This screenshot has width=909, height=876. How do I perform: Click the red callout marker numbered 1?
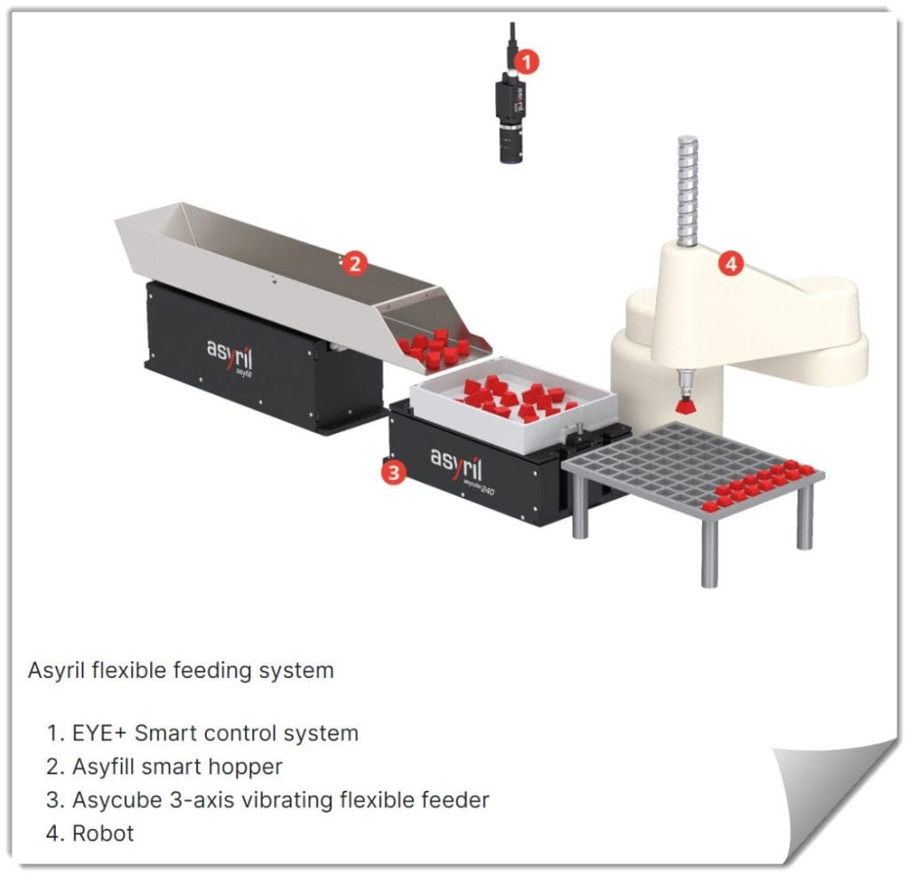(x=527, y=61)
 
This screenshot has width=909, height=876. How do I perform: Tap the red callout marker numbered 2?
(x=354, y=263)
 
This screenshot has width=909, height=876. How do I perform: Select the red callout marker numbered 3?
(x=393, y=472)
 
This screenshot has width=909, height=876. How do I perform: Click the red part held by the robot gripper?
(x=685, y=406)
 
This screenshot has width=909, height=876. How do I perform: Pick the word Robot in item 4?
(x=103, y=833)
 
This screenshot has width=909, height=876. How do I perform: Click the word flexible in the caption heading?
(x=127, y=670)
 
